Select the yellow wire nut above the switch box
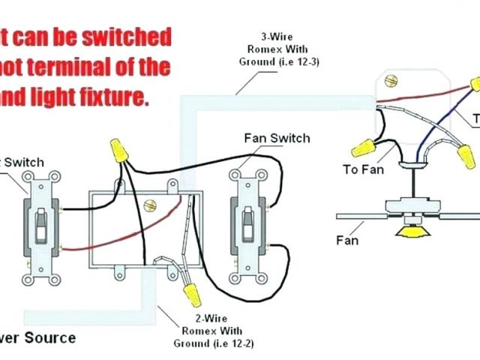[116, 150]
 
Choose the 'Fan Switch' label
[276, 138]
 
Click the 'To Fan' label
[363, 169]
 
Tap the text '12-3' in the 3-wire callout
[303, 61]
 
